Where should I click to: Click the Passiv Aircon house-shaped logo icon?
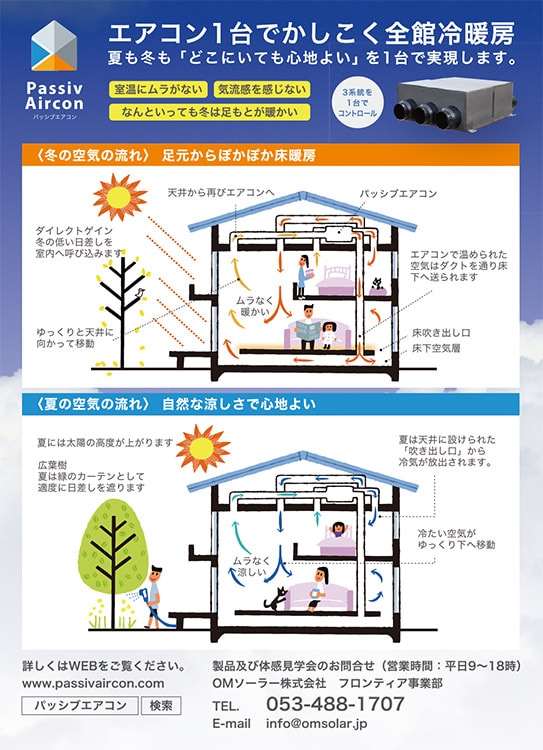pyautogui.click(x=54, y=46)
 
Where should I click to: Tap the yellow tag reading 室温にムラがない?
pyautogui.click(x=158, y=89)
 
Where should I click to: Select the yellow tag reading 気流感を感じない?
pyautogui.click(x=261, y=89)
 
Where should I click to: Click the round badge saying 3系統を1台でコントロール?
pyautogui.click(x=357, y=102)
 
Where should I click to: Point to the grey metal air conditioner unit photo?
pyautogui.click(x=454, y=106)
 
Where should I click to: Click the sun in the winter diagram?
pyautogui.click(x=120, y=196)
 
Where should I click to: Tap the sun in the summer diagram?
pyautogui.click(x=203, y=448)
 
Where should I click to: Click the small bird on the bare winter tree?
pyautogui.click(x=141, y=292)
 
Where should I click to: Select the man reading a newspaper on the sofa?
pyautogui.click(x=308, y=328)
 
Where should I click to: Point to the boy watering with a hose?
pyautogui.click(x=153, y=596)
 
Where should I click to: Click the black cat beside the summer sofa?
pyautogui.click(x=276, y=597)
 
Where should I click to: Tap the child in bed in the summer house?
pyautogui.click(x=338, y=529)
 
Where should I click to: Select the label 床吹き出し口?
pyautogui.click(x=441, y=333)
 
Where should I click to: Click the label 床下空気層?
pyautogui.click(x=436, y=348)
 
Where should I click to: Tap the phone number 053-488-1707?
pyautogui.click(x=335, y=704)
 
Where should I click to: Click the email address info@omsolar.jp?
pyautogui.click(x=317, y=724)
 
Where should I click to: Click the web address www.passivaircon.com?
pyautogui.click(x=93, y=684)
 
